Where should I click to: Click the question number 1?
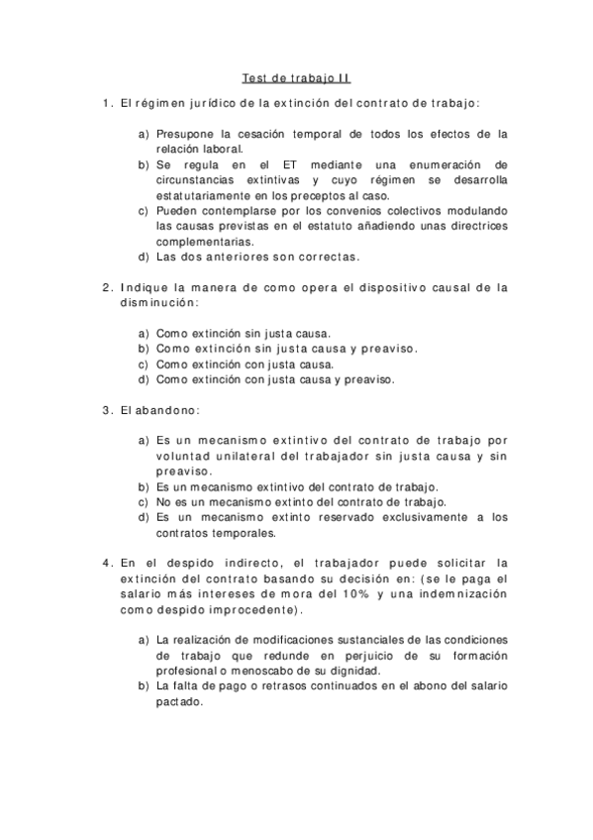tap(106, 102)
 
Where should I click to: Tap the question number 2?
tap(106, 287)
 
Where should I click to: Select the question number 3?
tap(106, 409)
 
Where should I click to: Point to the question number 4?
tap(106, 563)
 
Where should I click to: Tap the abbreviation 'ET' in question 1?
tap(275, 163)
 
